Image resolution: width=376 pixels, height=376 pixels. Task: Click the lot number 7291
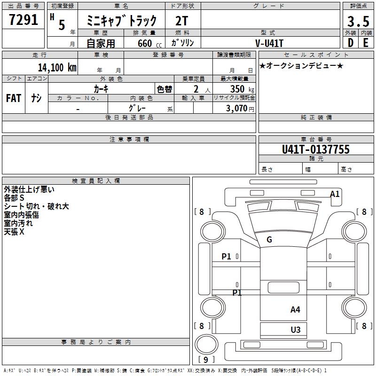23,21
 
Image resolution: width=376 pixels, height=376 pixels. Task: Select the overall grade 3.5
358,21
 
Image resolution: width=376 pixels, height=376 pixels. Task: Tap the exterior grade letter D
350,43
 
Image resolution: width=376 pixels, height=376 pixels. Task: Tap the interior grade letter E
365,43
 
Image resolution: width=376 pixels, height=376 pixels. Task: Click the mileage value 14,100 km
57,67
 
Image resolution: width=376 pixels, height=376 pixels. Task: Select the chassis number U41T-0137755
315,149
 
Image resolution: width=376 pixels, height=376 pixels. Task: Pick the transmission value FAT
13,98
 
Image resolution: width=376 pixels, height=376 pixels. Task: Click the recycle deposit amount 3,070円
240,108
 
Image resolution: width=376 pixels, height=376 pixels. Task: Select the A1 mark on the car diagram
335,194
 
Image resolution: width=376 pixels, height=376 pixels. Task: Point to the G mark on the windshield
269,240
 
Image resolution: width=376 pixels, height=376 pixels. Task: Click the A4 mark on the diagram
295,309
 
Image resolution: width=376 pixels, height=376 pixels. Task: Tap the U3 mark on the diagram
295,329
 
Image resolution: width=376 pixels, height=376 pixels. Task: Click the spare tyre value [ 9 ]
206,360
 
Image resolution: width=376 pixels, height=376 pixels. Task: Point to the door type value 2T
182,21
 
